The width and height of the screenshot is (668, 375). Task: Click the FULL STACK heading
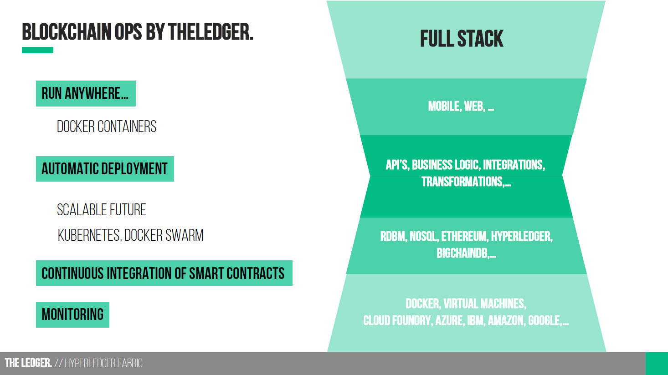462,38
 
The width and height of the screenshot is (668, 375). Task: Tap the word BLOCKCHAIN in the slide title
67,32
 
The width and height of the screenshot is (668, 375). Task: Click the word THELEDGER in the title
211,32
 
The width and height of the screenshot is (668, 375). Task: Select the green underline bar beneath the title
37,50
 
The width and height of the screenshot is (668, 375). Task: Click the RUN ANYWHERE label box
86,93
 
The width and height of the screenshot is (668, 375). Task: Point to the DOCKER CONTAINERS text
107,127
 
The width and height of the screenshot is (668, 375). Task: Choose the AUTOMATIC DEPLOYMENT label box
105,168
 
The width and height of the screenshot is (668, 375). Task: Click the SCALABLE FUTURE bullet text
102,210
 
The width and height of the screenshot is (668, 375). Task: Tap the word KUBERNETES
89,235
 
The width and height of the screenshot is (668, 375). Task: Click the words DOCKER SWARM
164,235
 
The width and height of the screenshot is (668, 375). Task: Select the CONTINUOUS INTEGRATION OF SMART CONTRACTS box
164,273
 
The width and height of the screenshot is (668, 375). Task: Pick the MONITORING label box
72,315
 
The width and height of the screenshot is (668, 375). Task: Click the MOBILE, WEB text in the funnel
461,106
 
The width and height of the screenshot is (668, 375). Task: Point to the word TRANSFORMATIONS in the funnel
462,182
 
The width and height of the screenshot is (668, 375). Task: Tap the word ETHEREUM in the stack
464,236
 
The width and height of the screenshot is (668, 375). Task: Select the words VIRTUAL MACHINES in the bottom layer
484,304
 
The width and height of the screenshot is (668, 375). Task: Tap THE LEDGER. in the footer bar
28,363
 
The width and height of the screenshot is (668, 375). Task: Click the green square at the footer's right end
657,363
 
